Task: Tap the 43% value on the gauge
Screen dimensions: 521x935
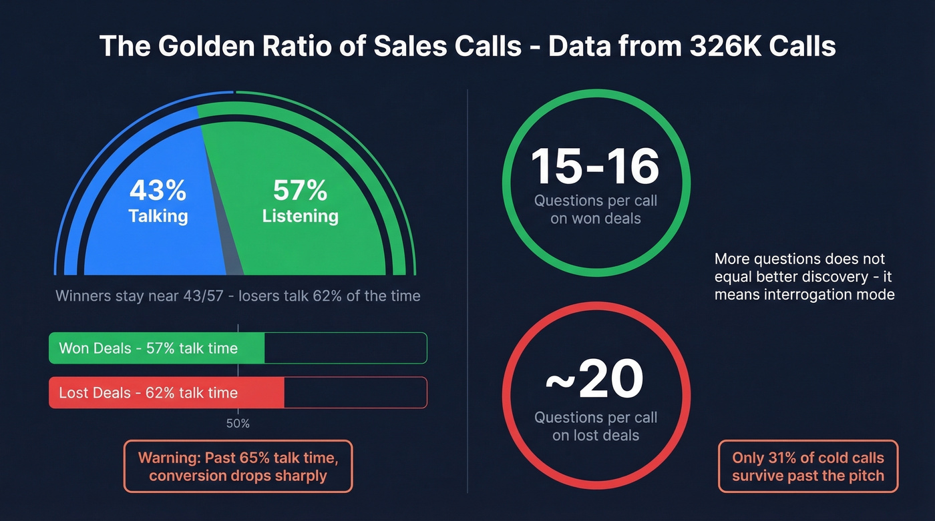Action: click(158, 191)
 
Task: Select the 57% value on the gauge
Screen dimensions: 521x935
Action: click(300, 191)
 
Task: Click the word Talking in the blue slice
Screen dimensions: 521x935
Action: click(158, 216)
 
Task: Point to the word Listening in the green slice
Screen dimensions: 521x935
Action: click(300, 216)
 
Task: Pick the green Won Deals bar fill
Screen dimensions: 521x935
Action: click(157, 348)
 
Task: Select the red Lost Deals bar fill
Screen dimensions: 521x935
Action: click(167, 393)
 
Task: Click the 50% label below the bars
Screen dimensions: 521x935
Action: click(238, 424)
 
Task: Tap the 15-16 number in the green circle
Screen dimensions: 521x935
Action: click(595, 166)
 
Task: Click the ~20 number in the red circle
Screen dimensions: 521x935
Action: click(595, 379)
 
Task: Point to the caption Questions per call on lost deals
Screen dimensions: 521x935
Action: click(596, 427)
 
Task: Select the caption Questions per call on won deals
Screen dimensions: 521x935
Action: click(596, 209)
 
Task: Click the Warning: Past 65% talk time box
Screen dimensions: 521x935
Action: click(238, 466)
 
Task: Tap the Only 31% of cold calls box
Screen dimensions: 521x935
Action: click(808, 466)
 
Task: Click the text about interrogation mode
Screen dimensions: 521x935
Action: click(804, 276)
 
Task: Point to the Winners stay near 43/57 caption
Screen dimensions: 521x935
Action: click(238, 296)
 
